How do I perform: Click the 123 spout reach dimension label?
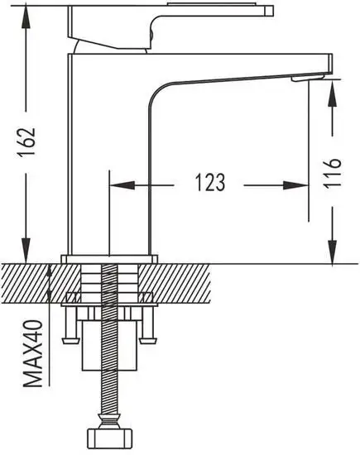pyautogui.click(x=210, y=183)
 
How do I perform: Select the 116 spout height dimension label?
pyautogui.click(x=332, y=174)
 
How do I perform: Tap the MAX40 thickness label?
pyautogui.click(x=33, y=353)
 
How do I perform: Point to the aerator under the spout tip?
pyautogui.click(x=308, y=78)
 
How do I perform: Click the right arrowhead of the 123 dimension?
pyautogui.click(x=295, y=185)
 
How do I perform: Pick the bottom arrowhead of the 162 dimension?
pyautogui.click(x=26, y=251)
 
